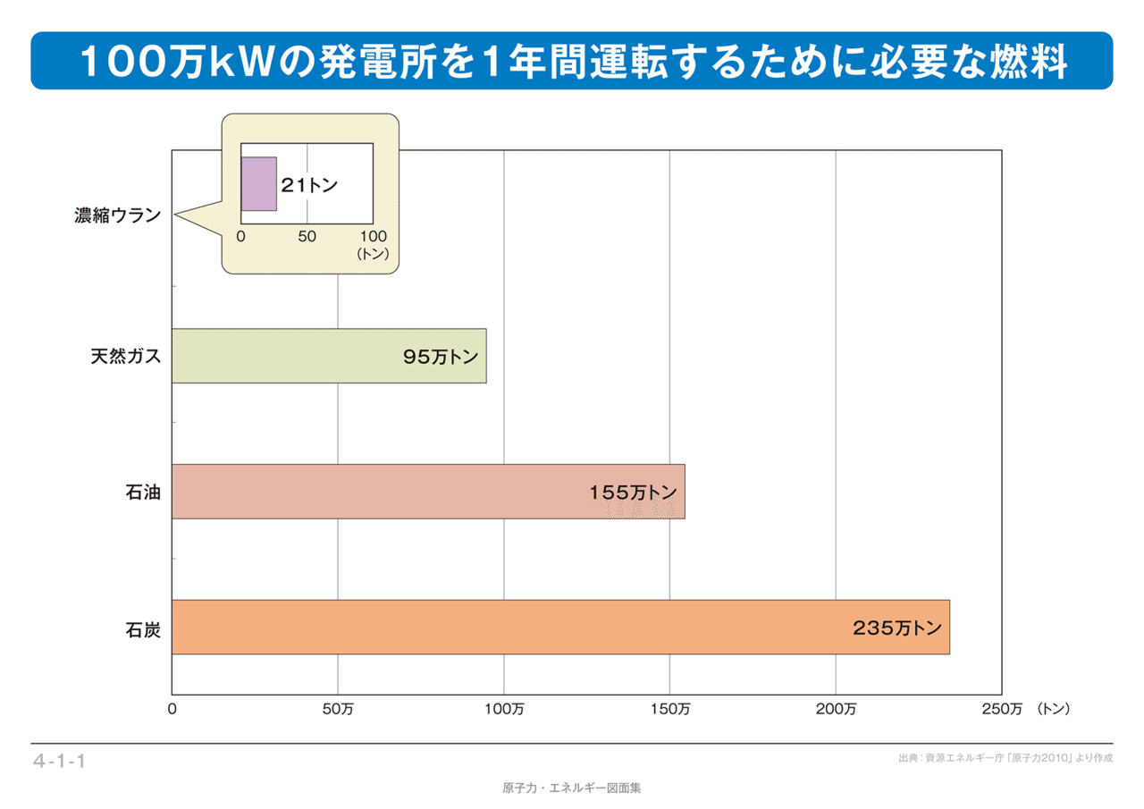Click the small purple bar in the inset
pyautogui.click(x=258, y=184)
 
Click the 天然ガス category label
pyautogui.click(x=125, y=356)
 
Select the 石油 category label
pyautogui.click(x=142, y=491)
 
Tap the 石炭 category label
pyautogui.click(x=142, y=628)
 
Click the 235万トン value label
pyautogui.click(x=896, y=628)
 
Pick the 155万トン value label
pyautogui.click(x=633, y=492)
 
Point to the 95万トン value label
pyautogui.click(x=440, y=357)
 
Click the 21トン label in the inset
pyautogui.click(x=309, y=185)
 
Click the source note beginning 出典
pyautogui.click(x=1005, y=758)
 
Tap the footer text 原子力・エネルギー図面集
pyautogui.click(x=572, y=788)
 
